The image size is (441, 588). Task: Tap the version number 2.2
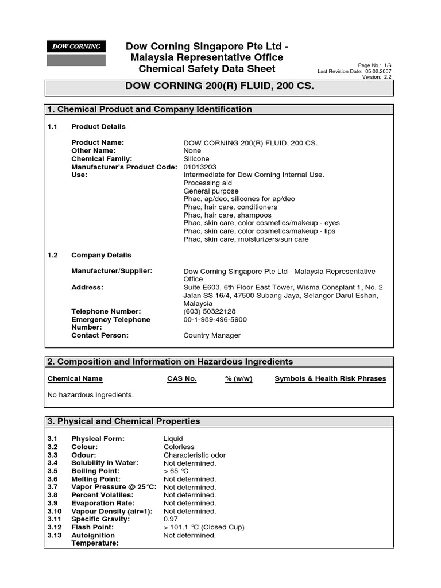[x=387, y=77]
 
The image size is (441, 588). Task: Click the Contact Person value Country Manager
[x=212, y=335]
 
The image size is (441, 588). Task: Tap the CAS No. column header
[x=181, y=379]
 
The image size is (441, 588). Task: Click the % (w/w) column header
[x=239, y=379]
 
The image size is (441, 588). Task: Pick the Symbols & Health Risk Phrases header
[x=330, y=379]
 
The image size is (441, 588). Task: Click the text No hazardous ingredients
[x=91, y=395]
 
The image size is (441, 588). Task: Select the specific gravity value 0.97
[x=171, y=519]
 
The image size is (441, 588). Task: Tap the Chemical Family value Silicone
[x=196, y=159]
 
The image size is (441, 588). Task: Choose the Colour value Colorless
[x=179, y=447]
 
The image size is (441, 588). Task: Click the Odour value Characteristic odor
[x=195, y=455]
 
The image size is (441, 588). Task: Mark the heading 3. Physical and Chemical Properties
[x=124, y=421]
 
